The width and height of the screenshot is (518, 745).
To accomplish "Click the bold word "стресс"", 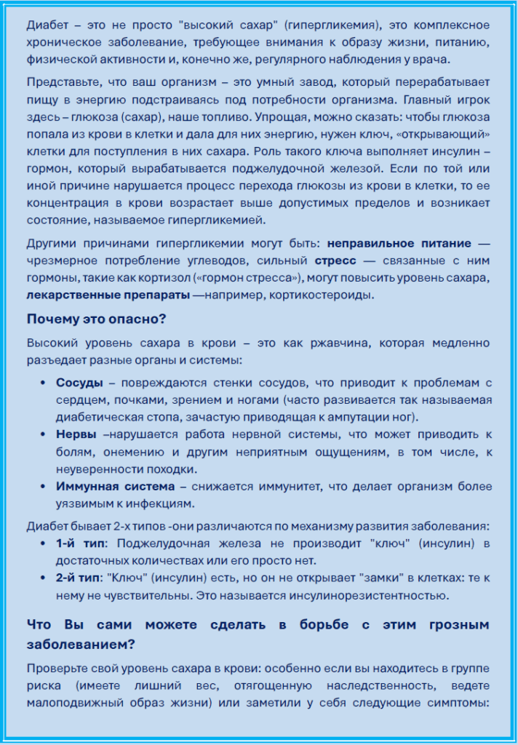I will coord(335,260).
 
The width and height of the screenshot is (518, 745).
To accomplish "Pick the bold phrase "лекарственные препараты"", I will coord(108,295).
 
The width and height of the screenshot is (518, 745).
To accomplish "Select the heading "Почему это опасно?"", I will coord(97,319).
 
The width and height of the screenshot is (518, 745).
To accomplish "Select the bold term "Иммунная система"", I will coord(115,487).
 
